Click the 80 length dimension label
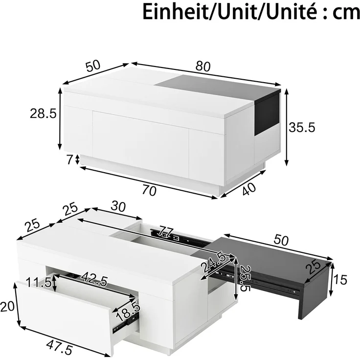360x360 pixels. [203, 67]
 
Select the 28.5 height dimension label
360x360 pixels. [43, 113]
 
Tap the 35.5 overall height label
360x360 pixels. [302, 127]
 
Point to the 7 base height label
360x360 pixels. [70, 160]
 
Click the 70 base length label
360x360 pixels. [149, 191]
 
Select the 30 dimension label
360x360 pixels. [118, 206]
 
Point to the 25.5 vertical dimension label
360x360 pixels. [244, 278]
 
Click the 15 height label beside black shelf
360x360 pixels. [340, 280]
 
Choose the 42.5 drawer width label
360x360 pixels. [94, 279]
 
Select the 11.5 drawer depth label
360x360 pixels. [39, 282]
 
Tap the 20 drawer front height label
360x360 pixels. [7, 307]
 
